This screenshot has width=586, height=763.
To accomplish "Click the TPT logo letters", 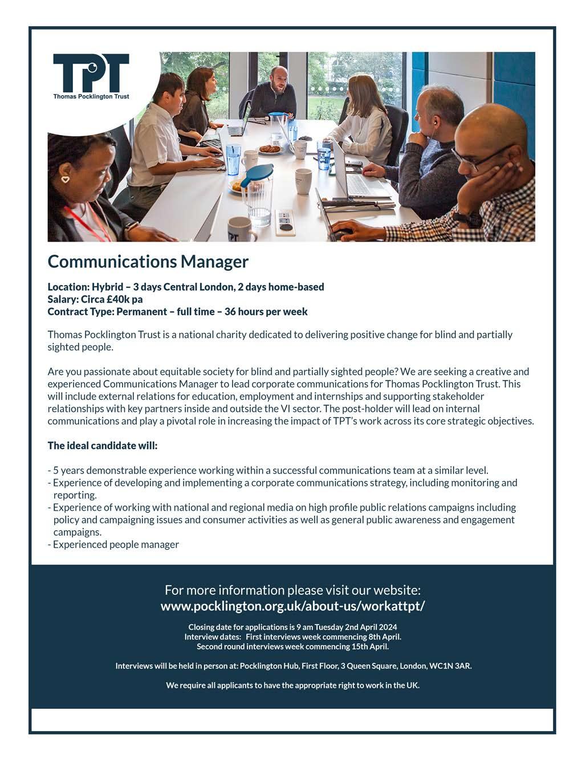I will (x=91, y=72).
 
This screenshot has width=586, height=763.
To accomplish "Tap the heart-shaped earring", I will (x=66, y=179).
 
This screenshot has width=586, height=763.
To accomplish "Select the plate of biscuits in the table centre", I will (x=268, y=149).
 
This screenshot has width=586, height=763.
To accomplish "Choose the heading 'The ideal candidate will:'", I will (x=103, y=446).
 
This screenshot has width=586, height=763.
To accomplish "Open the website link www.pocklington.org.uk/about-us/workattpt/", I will (x=292, y=606).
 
